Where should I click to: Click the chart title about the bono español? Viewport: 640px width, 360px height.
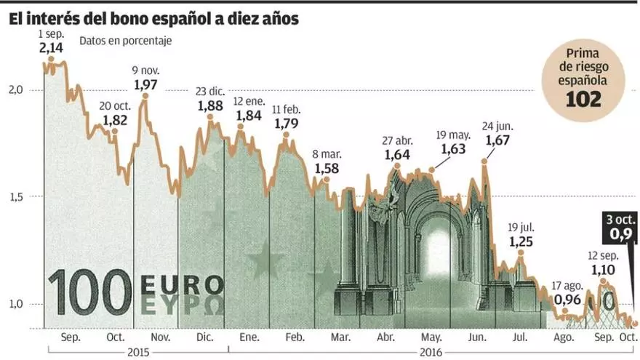[153, 20]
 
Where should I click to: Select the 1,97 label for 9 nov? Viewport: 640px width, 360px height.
[145, 84]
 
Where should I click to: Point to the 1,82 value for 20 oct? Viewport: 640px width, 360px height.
[116, 119]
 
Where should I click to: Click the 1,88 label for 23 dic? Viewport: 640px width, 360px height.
[210, 105]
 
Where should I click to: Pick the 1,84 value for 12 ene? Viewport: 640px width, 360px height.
[248, 115]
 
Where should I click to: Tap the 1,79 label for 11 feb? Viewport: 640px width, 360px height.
[287, 123]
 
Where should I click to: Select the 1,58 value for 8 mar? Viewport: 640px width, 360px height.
[327, 168]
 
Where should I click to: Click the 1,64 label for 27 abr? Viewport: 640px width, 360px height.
[397, 154]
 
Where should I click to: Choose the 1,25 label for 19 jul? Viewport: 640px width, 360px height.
[521, 241]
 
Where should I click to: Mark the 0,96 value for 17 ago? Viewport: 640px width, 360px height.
[567, 299]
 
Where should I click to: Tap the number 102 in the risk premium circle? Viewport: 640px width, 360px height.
[585, 100]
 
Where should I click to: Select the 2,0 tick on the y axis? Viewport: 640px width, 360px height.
[16, 89]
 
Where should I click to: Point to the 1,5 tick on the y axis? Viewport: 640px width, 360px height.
[16, 196]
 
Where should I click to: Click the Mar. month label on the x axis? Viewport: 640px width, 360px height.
[340, 337]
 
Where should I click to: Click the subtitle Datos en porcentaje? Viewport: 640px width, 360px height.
[126, 41]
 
